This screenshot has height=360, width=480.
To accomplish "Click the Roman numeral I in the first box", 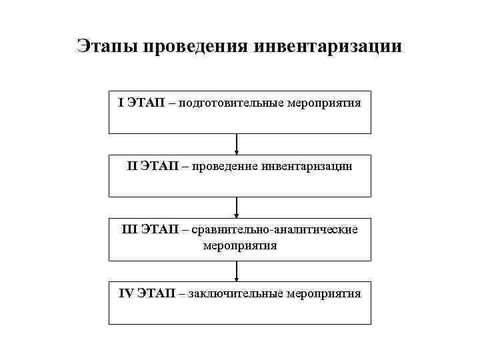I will tap(121, 103).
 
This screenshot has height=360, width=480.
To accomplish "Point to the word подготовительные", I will tap(232, 103).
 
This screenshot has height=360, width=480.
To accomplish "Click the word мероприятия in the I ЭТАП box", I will tap(325, 103).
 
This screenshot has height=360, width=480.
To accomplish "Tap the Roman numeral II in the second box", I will tap(133, 166).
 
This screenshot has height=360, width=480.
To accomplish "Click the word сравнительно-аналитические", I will tap(275, 229).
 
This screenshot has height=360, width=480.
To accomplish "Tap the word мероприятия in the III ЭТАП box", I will tap(239, 245).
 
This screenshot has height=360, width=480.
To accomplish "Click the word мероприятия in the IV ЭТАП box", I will tap(325, 293).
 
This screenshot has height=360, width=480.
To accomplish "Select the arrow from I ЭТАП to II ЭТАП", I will tap(237, 145).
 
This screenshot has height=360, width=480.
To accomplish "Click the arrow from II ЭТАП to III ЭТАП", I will tap(237, 207).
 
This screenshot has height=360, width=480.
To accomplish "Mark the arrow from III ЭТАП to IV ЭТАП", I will tap(237, 271).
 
